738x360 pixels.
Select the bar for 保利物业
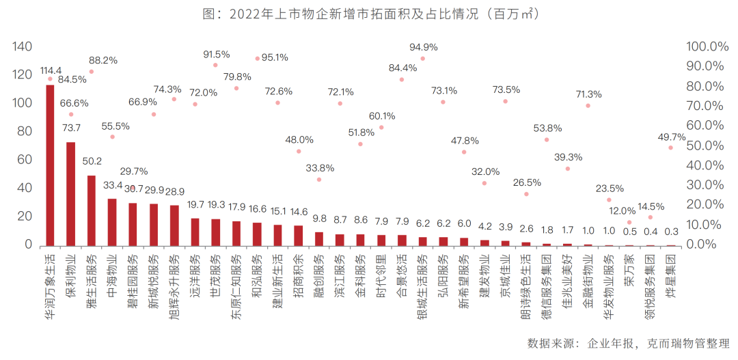tap(70, 194)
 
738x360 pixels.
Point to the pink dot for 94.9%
tap(422, 59)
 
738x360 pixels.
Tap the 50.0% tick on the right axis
tap(703, 146)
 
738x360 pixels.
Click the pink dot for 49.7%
tap(670, 148)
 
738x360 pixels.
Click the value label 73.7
tap(71, 128)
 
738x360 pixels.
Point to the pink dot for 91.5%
tap(215, 65)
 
